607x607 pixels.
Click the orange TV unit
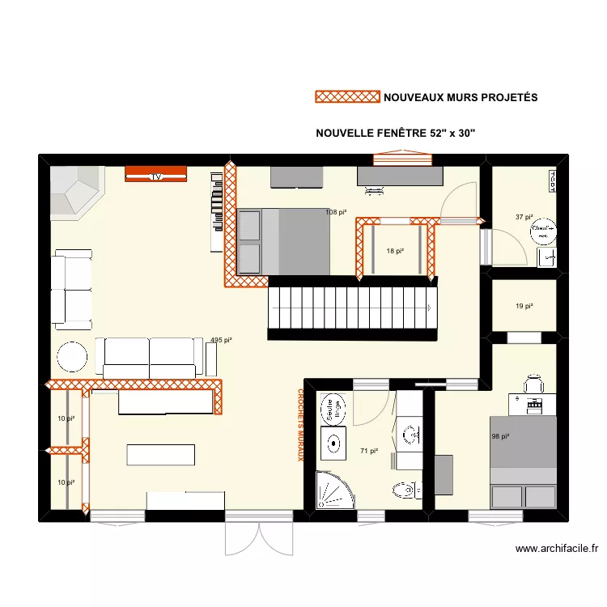click(156, 173)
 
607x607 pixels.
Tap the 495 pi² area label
click(221, 341)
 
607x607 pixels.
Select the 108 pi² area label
click(336, 213)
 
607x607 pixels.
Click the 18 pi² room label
click(395, 252)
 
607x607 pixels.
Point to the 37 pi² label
click(524, 217)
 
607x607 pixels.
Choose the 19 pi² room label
click(524, 306)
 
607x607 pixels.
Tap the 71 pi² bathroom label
click(369, 452)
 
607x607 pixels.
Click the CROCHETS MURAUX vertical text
click(299, 425)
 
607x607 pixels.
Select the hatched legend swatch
click(346, 97)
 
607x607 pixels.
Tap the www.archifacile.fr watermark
click(557, 548)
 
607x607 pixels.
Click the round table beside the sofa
click(72, 358)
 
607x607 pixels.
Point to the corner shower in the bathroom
click(333, 490)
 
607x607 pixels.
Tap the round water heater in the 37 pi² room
click(541, 231)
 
